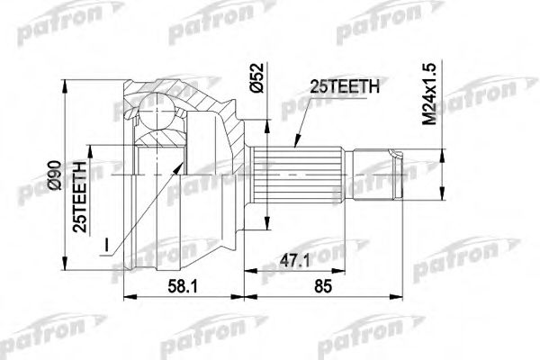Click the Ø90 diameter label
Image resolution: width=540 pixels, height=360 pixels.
pos(55,175)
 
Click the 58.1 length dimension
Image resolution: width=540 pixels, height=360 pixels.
pos(183,286)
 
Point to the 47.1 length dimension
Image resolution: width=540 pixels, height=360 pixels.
pos(295,261)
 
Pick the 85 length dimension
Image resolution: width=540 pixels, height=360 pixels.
pos(323,286)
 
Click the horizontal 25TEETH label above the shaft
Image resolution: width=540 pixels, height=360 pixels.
pos(345,86)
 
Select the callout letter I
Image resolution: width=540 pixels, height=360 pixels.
pos(107,246)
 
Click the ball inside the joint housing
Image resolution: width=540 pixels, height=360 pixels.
pos(157,110)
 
